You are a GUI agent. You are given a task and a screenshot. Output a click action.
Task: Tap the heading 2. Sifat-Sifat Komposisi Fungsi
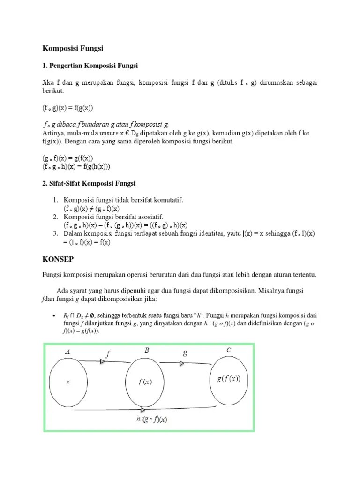89,183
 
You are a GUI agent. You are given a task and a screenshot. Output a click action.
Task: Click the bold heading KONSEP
59,258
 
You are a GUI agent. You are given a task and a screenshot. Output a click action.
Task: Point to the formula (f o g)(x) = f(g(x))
67,108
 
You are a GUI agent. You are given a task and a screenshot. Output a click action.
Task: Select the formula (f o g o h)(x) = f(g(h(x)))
76,166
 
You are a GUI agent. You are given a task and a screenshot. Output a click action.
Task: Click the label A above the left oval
67,352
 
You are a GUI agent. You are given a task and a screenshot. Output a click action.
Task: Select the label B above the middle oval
146,350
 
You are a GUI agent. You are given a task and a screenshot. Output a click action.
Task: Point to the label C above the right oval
228,349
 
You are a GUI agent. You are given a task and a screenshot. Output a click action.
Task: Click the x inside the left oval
68,382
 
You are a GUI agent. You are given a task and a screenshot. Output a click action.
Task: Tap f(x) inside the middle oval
145,382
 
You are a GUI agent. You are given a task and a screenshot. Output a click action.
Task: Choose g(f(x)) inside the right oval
229,379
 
